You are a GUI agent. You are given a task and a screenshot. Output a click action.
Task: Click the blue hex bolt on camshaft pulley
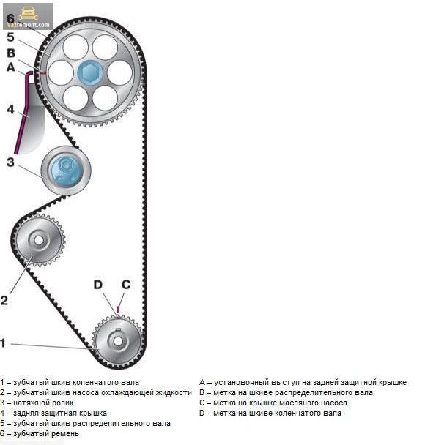coord(90,72)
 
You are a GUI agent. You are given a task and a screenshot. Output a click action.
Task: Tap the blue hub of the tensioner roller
coord(66,171)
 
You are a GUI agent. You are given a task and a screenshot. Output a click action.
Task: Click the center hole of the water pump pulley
coord(39,240)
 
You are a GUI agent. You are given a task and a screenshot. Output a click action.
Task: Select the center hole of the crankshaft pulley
coord(118,341)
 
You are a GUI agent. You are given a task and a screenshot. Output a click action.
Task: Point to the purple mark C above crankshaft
coord(118,309)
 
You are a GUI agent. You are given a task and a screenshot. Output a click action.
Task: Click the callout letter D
coord(97,285)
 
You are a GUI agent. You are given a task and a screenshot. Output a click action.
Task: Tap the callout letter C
coord(126,285)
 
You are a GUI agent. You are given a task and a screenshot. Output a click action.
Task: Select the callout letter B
coord(11,53)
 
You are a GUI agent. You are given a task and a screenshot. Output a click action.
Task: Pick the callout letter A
coord(11,67)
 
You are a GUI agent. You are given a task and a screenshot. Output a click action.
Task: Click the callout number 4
coord(10,110)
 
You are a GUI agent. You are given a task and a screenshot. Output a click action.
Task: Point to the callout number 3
coord(10,162)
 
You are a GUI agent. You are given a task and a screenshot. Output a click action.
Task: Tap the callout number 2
coord(4,300)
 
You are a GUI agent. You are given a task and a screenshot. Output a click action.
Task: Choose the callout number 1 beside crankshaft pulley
coord(3,343)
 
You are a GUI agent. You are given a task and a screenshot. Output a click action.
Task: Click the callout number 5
coord(10,37)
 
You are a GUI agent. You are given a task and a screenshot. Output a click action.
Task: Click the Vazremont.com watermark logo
coord(28,16)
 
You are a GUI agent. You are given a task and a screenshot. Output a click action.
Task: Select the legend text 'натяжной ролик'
coord(43,403)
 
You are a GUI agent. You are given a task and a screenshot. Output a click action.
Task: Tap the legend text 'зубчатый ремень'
coord(46,433)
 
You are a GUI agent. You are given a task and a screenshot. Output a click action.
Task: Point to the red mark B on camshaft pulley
coord(43,73)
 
